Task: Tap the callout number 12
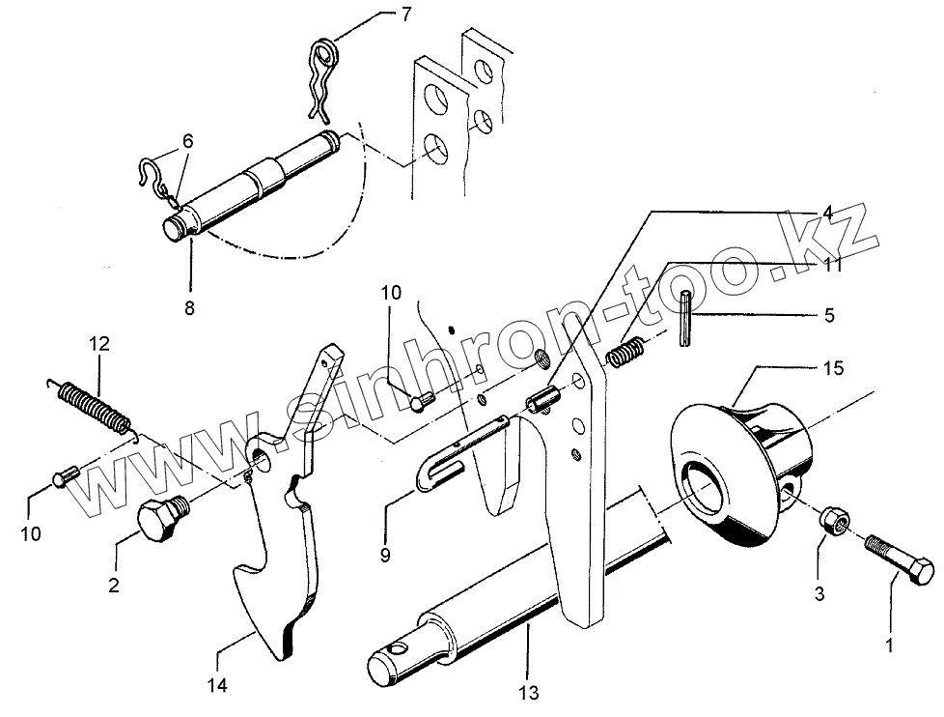(100, 343)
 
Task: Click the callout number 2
(115, 585)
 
